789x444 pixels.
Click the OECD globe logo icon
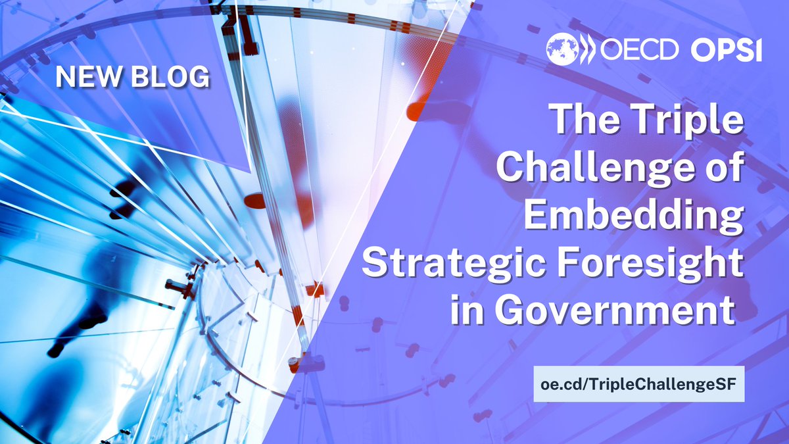[562, 49]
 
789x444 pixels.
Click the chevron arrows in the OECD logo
[586, 49]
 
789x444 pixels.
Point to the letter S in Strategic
[377, 267]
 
